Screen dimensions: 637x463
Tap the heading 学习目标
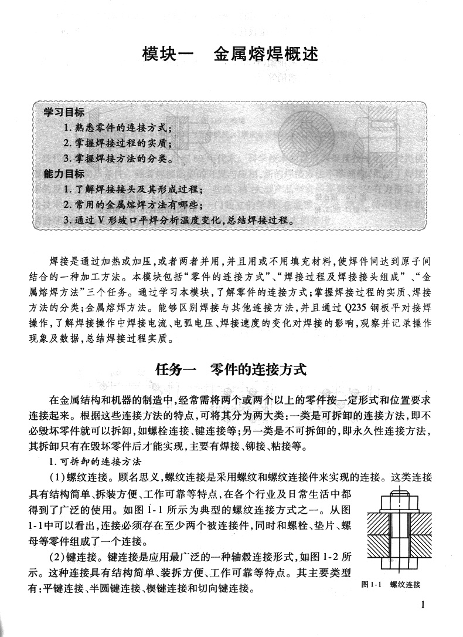[63, 112]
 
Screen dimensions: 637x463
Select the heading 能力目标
[63, 174]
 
